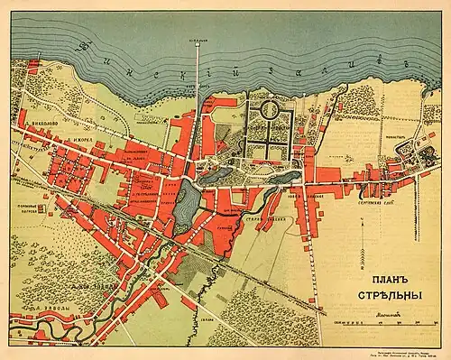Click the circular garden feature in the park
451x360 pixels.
[270, 110]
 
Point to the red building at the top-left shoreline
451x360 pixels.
[34, 65]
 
